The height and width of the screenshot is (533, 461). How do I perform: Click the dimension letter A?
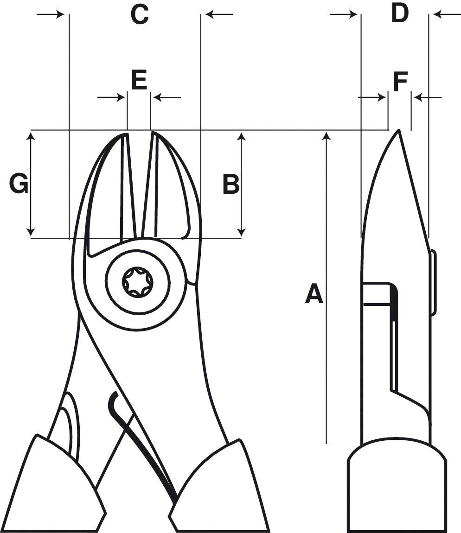pos(314,294)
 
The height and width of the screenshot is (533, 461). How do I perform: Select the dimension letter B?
pos(230,184)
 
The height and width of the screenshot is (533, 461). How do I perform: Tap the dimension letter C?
pos(139,15)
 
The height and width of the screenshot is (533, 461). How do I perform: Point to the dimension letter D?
pos(399,13)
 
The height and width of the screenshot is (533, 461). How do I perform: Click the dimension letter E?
pos(139,80)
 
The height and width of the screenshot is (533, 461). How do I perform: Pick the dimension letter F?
pos(400,82)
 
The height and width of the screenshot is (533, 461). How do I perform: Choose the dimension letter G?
pos(19,184)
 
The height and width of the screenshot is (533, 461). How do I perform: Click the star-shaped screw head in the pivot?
pos(137,281)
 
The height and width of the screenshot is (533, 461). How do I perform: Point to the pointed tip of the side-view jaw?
pos(398,132)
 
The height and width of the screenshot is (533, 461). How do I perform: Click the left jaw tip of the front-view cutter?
pos(124,135)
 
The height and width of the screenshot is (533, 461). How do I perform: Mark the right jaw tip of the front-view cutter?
pos(154,135)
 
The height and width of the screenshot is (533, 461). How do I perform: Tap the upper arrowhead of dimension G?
pos(31,135)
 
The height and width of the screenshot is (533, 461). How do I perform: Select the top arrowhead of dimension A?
pos(327,135)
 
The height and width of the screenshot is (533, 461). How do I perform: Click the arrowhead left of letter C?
pos(60,14)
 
